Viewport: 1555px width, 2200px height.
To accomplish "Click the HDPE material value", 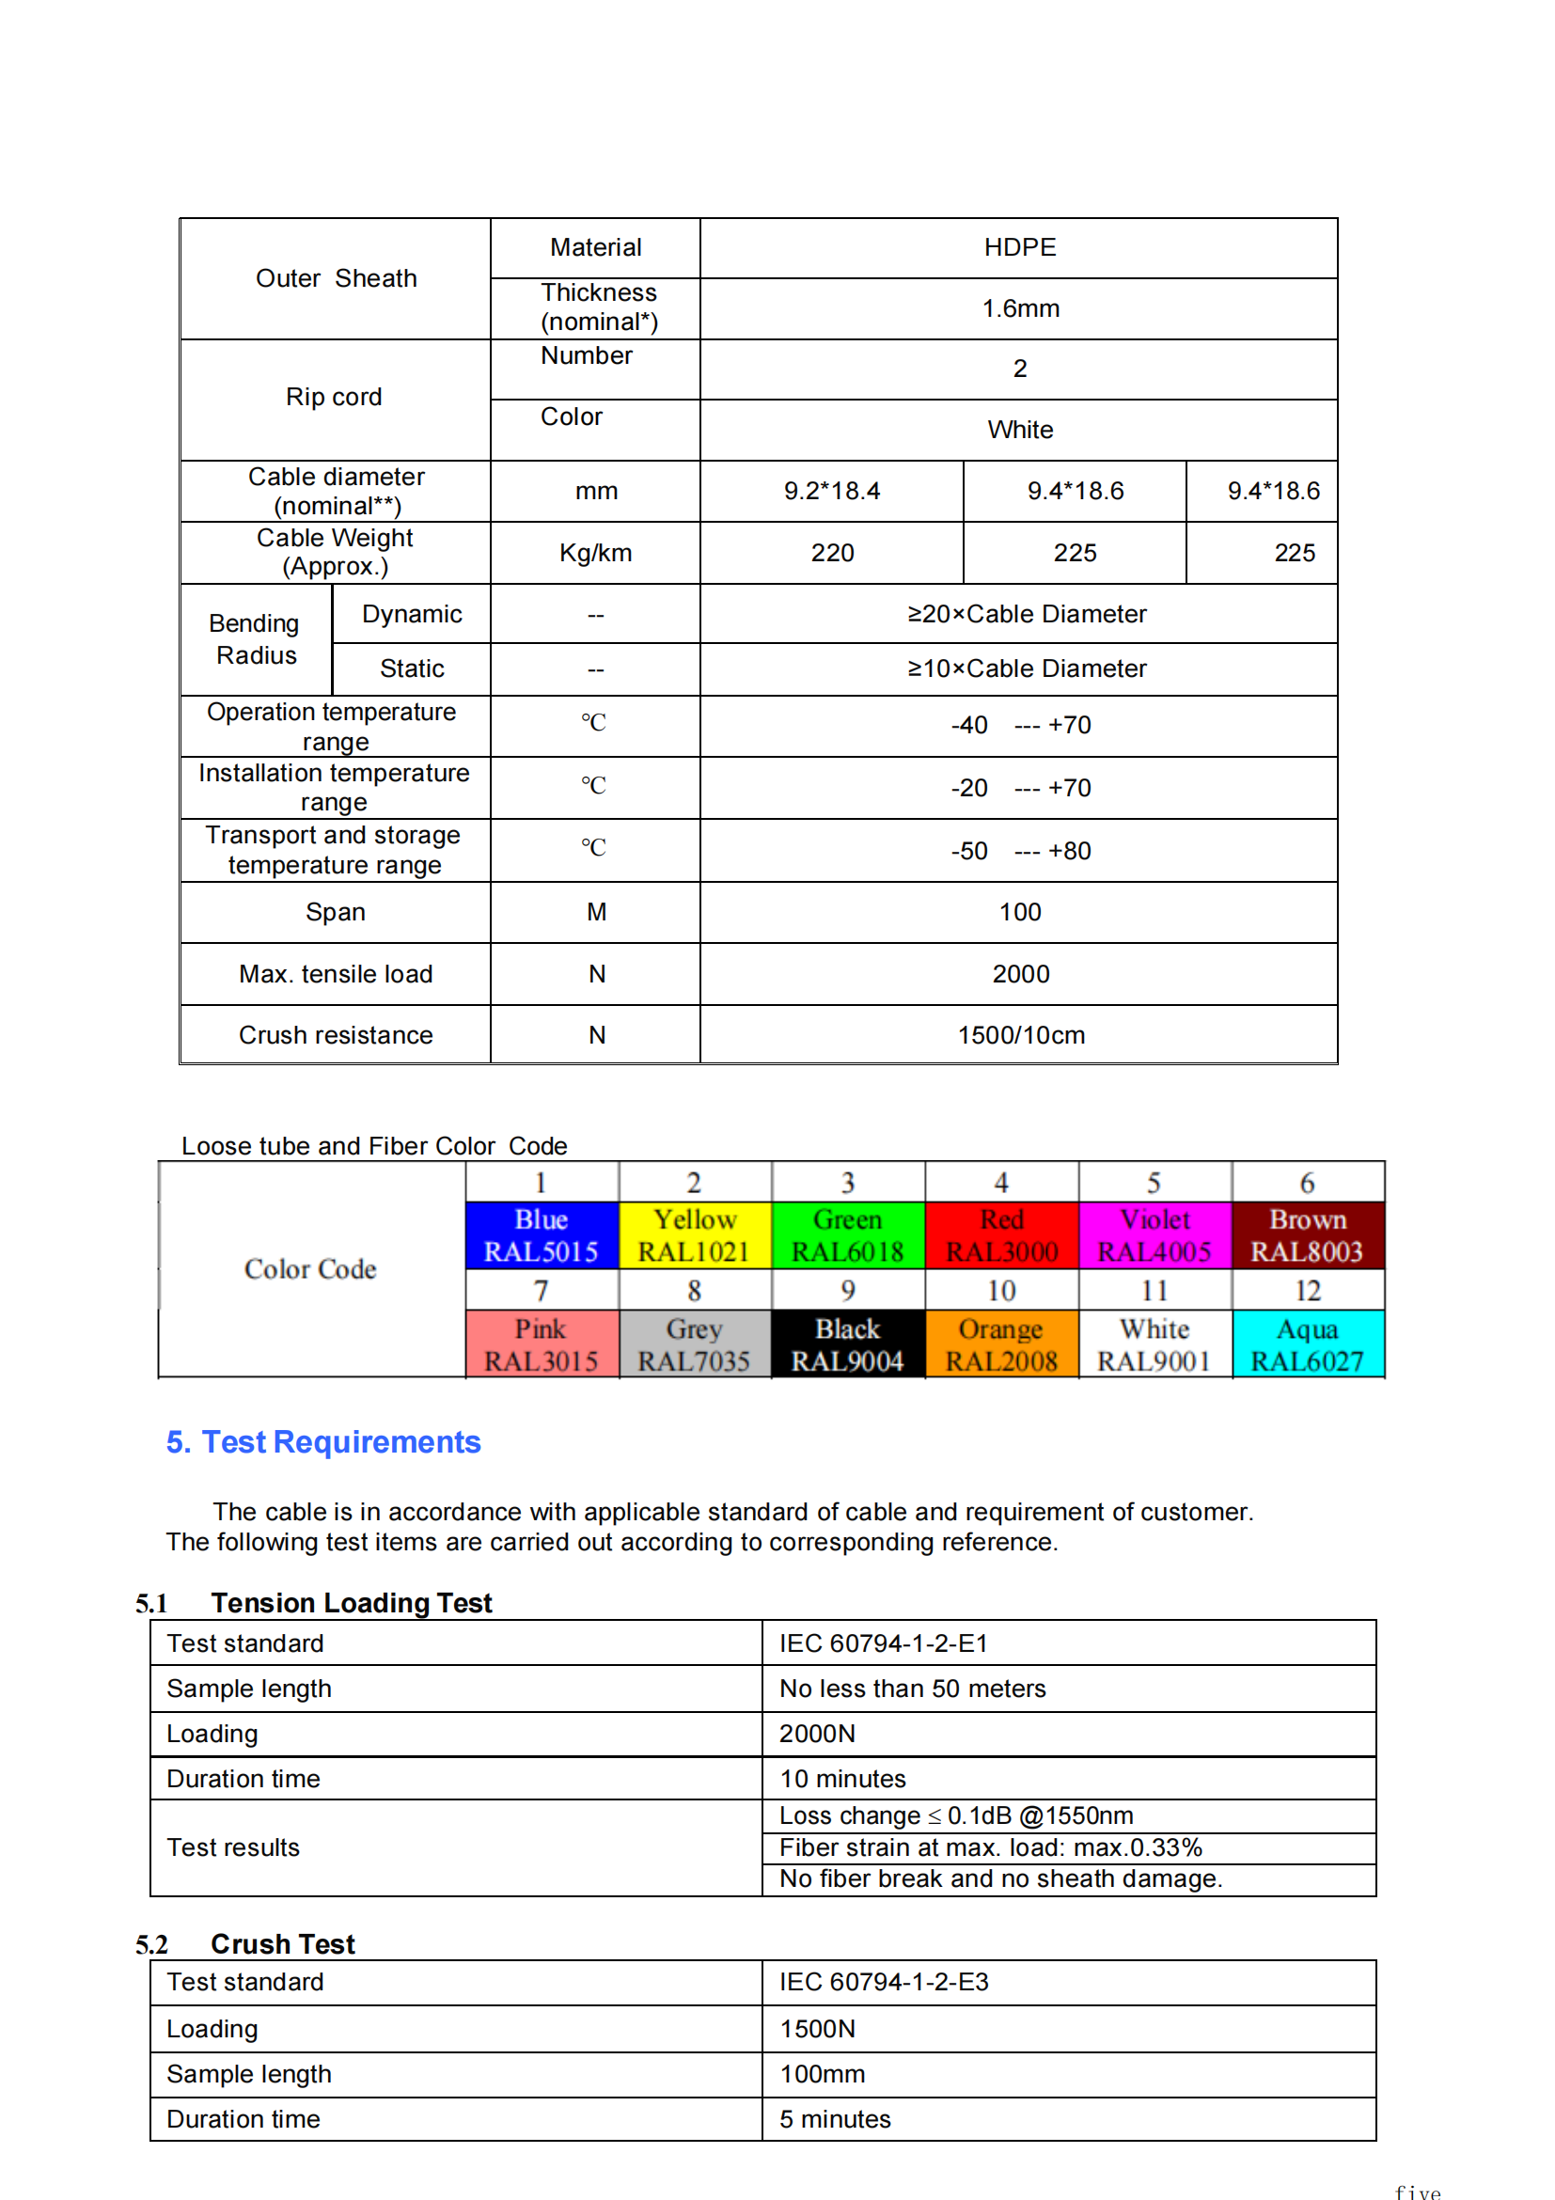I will pos(1019,247).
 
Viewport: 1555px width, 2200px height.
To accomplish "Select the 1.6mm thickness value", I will pos(1019,308).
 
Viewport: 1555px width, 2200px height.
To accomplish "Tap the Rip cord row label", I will pos(334,397).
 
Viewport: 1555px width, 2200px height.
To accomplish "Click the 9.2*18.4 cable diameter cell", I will pos(832,491).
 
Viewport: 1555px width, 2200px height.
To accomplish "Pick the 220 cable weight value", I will pos(832,553).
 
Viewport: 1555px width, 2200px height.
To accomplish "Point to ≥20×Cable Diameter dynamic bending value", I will pos(1026,614).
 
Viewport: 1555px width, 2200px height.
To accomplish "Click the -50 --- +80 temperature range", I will pos(1019,851).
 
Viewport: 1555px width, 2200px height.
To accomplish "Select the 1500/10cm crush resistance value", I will pos(1020,1035).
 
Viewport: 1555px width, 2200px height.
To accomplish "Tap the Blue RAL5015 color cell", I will pos(542,1235).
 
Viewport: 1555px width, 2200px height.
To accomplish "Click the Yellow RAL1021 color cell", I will pos(695,1235).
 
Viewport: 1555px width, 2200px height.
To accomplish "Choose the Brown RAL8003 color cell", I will pos(1307,1235).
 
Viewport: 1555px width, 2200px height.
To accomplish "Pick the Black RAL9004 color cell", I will pos(847,1344).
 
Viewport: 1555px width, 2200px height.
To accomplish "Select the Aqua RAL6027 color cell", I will pos(1307,1344).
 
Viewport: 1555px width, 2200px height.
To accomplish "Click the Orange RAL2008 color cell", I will pos(1001,1344).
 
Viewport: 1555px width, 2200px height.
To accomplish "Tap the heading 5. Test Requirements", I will pos(322,1441).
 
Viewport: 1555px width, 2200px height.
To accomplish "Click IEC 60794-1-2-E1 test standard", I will pos(883,1643).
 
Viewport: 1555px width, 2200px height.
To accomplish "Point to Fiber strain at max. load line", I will pos(990,1847).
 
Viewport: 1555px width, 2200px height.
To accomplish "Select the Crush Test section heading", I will pos(283,1944).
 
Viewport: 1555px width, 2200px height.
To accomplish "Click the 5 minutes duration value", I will pos(835,2118).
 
